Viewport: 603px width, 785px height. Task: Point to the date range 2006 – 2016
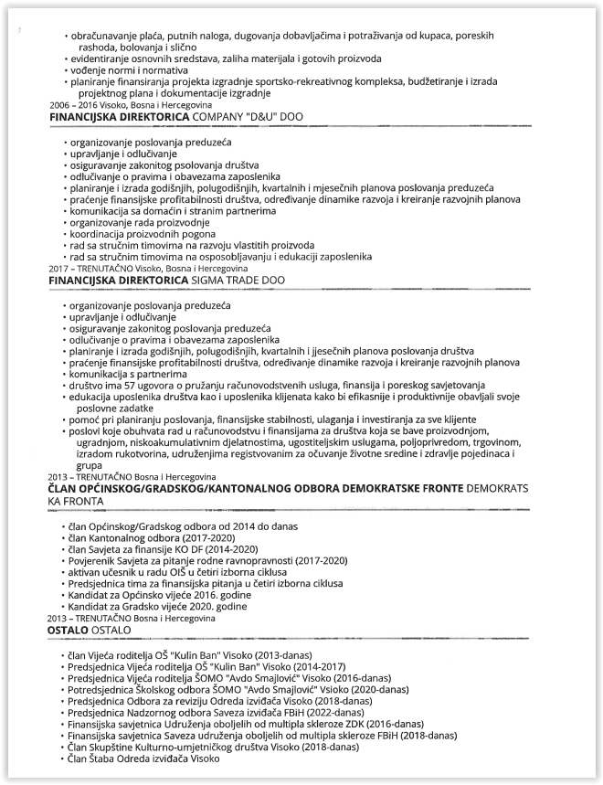tap(75, 106)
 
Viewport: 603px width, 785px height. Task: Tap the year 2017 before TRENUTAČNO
tap(59, 269)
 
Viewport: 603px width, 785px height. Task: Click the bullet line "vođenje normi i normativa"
tap(129, 69)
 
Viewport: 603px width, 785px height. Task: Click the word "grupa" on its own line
tap(90, 465)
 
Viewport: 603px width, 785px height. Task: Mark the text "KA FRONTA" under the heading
tap(77, 502)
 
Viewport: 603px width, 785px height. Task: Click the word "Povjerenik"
tap(93, 560)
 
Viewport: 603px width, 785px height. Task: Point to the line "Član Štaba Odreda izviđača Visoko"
tap(143, 758)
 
